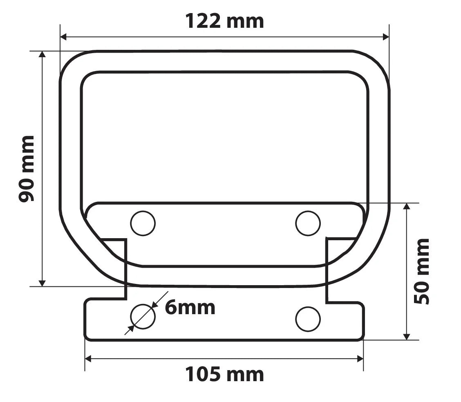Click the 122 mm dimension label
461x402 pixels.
click(x=225, y=22)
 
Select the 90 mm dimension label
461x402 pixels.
click(x=27, y=169)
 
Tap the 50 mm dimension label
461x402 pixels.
click(x=421, y=272)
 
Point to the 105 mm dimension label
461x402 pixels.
click(x=225, y=375)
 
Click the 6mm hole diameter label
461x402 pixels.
click(x=190, y=308)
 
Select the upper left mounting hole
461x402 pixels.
click(x=143, y=223)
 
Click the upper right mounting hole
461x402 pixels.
click(x=308, y=223)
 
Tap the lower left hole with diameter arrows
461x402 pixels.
click(x=143, y=317)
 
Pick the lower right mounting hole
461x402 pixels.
click(x=308, y=319)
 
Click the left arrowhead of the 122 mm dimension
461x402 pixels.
click(x=63, y=37)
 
